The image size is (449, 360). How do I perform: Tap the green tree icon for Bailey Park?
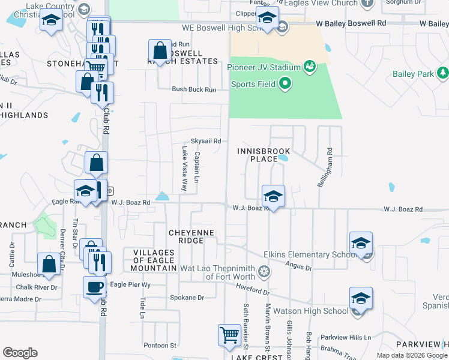pyautogui.click(x=443, y=73)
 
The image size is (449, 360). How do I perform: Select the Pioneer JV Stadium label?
pyautogui.click(x=263, y=67)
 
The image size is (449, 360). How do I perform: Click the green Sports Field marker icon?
pyautogui.click(x=285, y=83)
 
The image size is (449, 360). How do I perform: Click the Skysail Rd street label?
pyautogui.click(x=206, y=141)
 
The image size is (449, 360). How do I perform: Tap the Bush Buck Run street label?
pyautogui.click(x=193, y=89)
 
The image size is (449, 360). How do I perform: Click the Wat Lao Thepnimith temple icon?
pyautogui.click(x=263, y=272)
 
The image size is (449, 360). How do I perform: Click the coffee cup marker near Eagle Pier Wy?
pyautogui.click(x=94, y=286)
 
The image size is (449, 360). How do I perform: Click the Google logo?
pyautogui.click(x=20, y=353)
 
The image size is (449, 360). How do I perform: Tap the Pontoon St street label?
pyautogui.click(x=160, y=345)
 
